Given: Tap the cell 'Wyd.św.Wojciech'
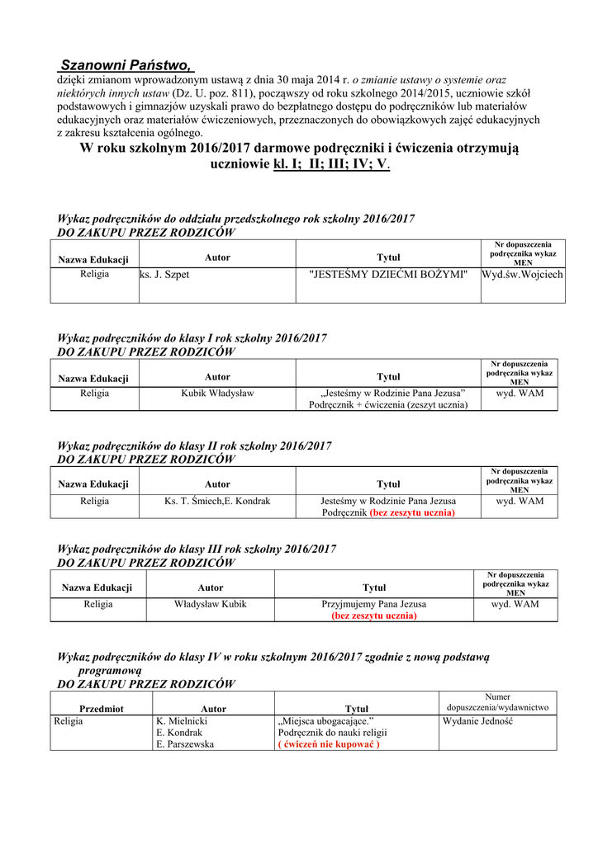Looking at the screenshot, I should (523, 274).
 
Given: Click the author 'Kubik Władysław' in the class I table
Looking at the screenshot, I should (217, 394).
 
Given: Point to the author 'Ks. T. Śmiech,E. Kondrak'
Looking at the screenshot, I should (217, 501).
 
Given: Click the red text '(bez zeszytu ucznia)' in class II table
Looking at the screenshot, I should (412, 512).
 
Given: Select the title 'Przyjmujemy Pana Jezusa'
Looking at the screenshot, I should (373, 604).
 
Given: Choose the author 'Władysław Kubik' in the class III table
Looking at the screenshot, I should (211, 604).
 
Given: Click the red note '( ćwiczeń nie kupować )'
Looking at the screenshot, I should (329, 744).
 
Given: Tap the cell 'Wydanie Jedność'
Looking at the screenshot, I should (477, 721).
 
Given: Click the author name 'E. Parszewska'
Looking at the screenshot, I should (185, 744).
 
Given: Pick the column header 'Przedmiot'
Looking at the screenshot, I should (102, 709).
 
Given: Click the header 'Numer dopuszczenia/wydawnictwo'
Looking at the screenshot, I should (497, 702).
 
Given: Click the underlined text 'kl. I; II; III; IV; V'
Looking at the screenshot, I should (330, 163).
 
